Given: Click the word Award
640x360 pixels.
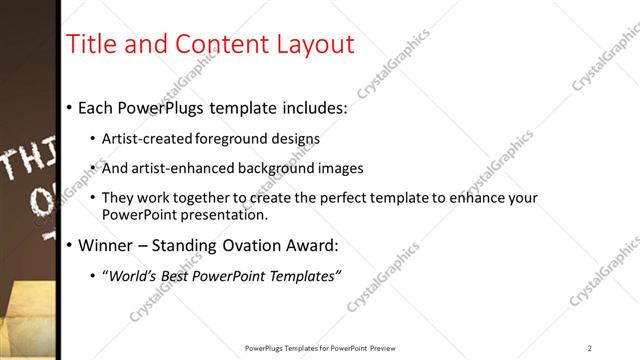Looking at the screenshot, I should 313,245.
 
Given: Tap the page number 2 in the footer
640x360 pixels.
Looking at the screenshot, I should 590,348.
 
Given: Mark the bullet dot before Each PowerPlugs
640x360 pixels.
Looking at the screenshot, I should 68,107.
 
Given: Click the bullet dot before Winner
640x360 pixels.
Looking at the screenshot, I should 68,245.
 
